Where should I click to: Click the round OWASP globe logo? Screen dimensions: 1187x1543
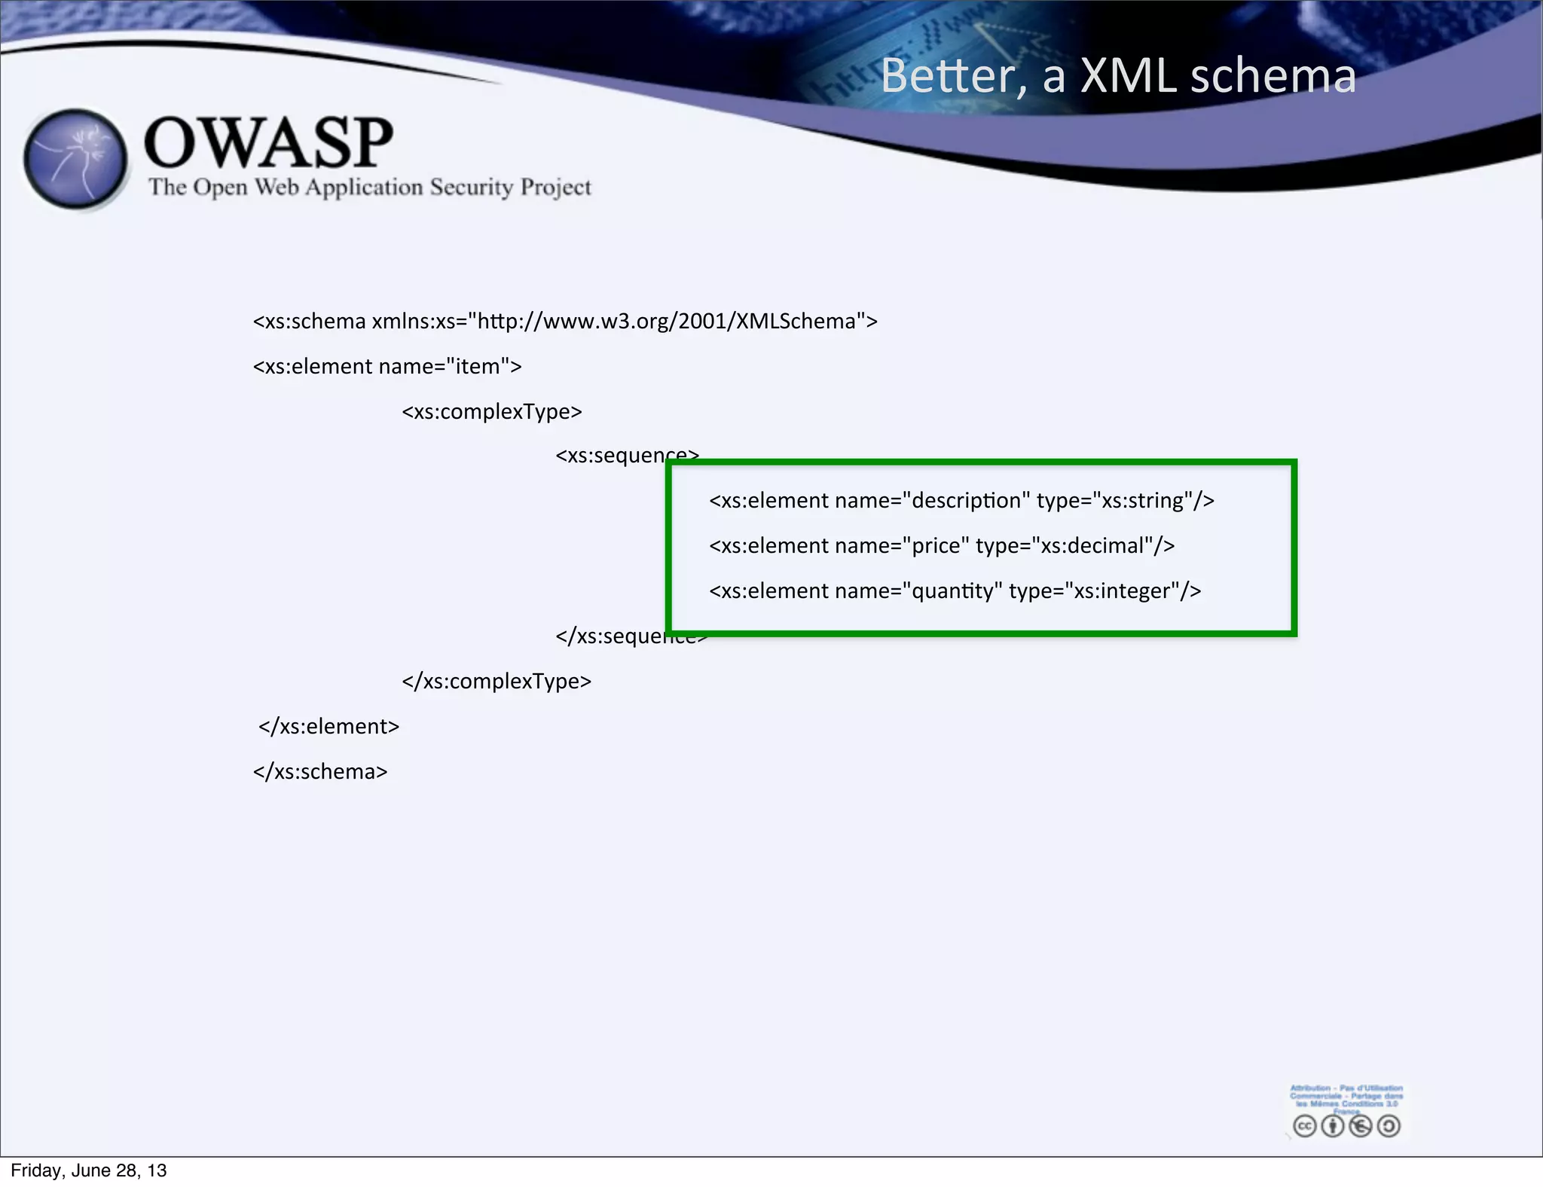[x=75, y=159]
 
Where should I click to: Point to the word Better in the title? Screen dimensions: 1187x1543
[x=954, y=76]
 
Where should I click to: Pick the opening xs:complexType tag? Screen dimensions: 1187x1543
[x=492, y=412]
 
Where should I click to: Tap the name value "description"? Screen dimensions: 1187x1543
[x=966, y=501]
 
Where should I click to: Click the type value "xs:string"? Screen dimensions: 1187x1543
[x=1142, y=501]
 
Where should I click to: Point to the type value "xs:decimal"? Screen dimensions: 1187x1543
[x=1092, y=546]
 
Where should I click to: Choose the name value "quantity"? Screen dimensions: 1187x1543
[x=952, y=591]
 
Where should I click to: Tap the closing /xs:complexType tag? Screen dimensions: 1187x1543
[x=497, y=682]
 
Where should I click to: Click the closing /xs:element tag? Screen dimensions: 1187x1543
[x=328, y=727]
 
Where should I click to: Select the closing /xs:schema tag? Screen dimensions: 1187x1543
[x=320, y=772]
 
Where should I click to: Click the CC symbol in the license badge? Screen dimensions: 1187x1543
[x=1304, y=1126]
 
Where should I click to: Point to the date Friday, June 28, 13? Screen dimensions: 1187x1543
[x=89, y=1170]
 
